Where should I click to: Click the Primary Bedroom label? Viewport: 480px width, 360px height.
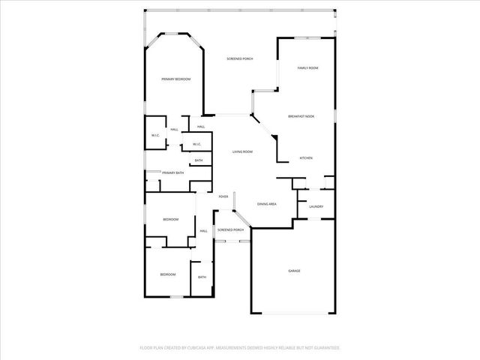pyautogui.click(x=176, y=79)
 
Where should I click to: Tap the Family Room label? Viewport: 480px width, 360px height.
pyautogui.click(x=307, y=68)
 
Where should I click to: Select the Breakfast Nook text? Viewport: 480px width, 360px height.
pyautogui.click(x=301, y=115)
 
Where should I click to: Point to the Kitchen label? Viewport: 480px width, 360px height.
pyautogui.click(x=306, y=158)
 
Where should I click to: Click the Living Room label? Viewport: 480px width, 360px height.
pyautogui.click(x=242, y=151)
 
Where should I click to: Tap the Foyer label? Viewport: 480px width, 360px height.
pyautogui.click(x=223, y=196)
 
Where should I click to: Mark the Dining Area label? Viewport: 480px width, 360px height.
pyautogui.click(x=267, y=204)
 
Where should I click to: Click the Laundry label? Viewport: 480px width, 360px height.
pyautogui.click(x=316, y=206)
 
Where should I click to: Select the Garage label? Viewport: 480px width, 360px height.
pyautogui.click(x=295, y=270)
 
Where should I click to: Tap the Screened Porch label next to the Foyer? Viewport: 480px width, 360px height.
pyautogui.click(x=230, y=229)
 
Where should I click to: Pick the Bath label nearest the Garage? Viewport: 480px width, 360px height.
pyautogui.click(x=202, y=277)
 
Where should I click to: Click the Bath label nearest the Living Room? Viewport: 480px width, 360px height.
pyautogui.click(x=199, y=160)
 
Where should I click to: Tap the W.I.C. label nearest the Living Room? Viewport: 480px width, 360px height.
pyautogui.click(x=196, y=144)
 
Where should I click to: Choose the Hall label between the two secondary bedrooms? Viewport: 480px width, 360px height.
pyautogui.click(x=203, y=231)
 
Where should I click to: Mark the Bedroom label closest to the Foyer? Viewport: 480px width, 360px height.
pyautogui.click(x=171, y=219)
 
